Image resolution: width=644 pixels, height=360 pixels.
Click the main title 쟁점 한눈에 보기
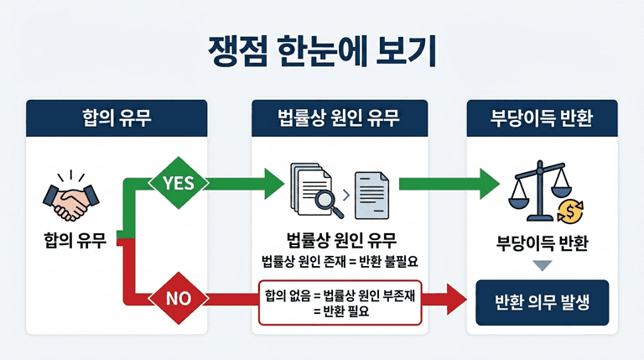[322, 51]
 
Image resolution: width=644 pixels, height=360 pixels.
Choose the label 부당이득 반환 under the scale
[542, 243]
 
